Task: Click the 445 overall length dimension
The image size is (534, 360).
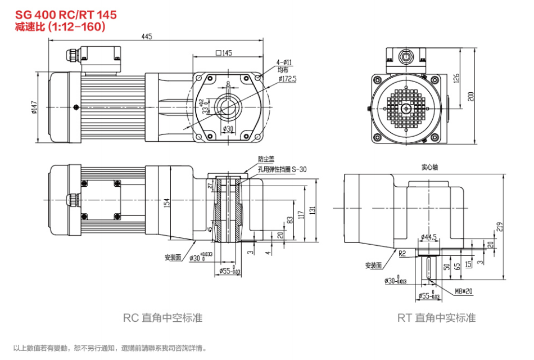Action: (147, 37)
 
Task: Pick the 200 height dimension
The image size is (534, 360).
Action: (471, 96)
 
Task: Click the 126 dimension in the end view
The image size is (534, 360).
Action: (456, 77)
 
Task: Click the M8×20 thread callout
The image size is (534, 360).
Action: (464, 291)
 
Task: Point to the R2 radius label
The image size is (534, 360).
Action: (402, 253)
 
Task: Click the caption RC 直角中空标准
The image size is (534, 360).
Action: (162, 318)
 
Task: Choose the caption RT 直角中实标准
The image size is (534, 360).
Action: (436, 318)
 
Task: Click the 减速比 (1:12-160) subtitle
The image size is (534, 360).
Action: (60, 26)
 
